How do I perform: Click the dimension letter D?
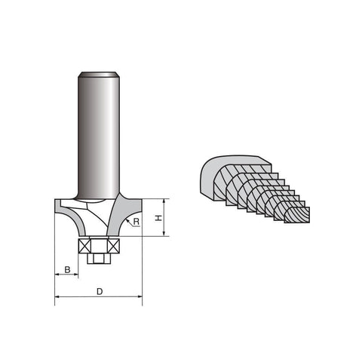point(100,292)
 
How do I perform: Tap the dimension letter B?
point(67,270)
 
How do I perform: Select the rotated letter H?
point(158,218)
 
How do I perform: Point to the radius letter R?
point(137,222)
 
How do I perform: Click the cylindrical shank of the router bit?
point(99,136)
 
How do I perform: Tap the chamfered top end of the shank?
point(99,75)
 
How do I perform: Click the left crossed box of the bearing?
point(84,246)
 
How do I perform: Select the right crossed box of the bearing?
point(114,246)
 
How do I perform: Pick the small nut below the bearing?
point(99,259)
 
